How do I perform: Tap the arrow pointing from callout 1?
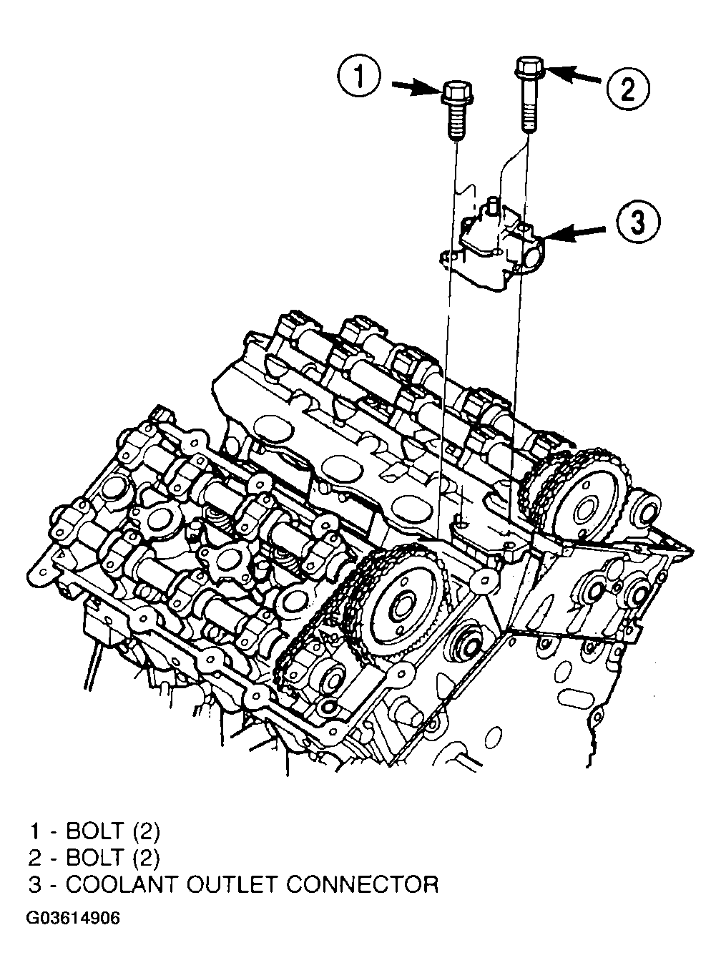pyautogui.click(x=416, y=87)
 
